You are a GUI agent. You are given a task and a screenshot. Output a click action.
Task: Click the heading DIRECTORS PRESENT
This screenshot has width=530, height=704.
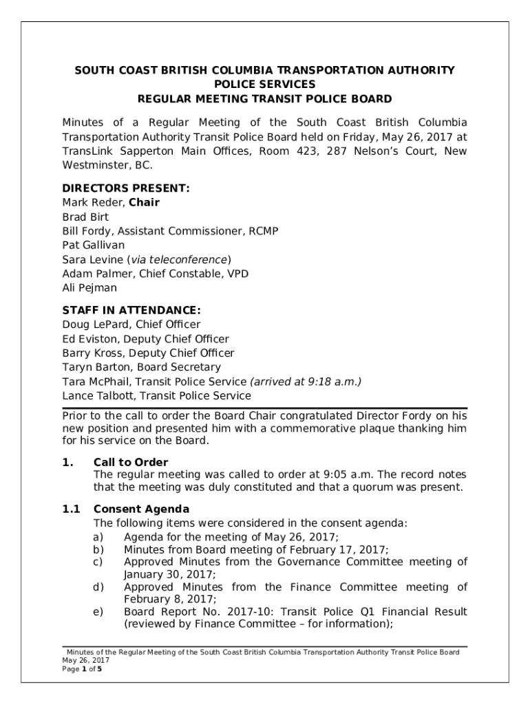coord(125,188)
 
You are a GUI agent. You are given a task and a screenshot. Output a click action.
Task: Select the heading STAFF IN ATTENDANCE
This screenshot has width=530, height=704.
coord(131,310)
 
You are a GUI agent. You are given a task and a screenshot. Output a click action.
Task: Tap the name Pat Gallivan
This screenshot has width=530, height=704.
coord(94,245)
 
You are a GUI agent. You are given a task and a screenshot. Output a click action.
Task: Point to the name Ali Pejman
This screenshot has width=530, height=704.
coord(89,288)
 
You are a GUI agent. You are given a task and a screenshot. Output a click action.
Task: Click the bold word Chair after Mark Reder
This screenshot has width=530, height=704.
coord(144,202)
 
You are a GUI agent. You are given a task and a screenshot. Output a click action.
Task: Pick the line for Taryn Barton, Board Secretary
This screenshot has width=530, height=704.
coord(141,367)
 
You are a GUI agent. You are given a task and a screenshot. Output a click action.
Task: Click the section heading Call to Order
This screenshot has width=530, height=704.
coord(131,462)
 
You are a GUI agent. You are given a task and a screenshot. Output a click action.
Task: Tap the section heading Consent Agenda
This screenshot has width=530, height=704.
coord(141,509)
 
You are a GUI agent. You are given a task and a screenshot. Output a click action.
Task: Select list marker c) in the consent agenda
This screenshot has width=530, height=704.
coord(98,562)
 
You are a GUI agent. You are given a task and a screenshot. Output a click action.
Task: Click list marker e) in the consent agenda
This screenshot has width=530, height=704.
coord(98,611)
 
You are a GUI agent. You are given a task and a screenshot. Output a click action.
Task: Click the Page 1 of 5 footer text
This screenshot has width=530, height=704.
coord(82,668)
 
